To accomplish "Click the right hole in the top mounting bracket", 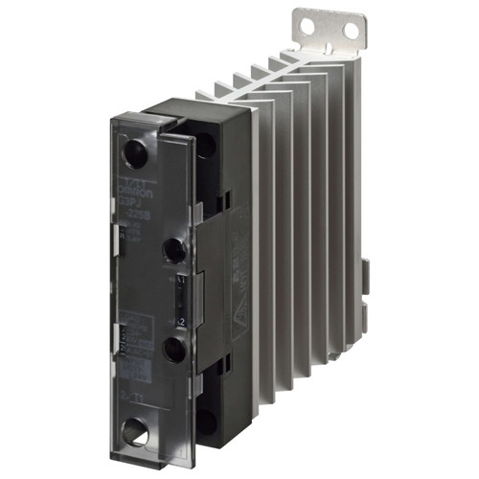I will point(353,32).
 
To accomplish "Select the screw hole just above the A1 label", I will point(174,251).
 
